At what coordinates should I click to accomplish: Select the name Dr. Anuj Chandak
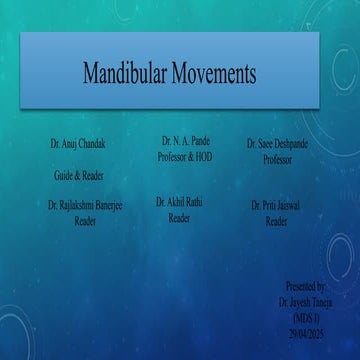[x=78, y=144]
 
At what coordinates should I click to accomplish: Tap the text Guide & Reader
[x=79, y=174]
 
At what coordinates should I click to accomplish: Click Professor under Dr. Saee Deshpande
[x=277, y=159]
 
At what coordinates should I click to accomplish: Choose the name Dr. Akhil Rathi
[x=180, y=202]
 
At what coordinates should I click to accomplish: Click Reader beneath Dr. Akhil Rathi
[x=180, y=217]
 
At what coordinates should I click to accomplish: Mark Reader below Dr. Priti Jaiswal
[x=277, y=222]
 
